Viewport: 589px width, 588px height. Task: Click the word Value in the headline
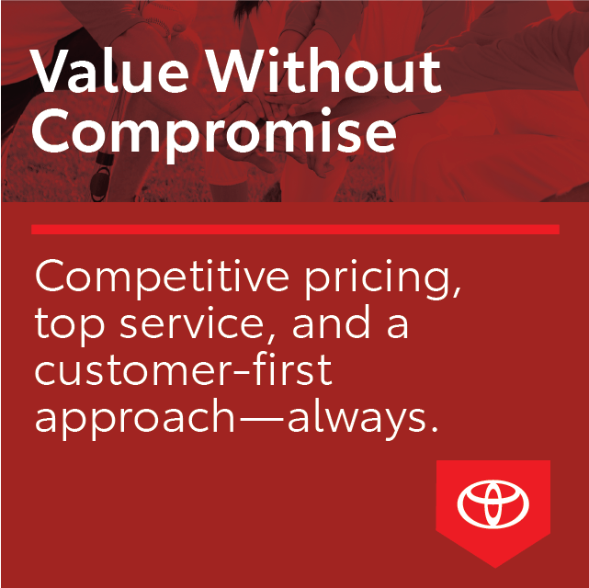click(x=109, y=71)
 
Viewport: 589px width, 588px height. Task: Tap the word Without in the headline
click(x=324, y=71)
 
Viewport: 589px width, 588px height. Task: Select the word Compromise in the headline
click(x=214, y=131)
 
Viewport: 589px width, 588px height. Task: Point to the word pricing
click(x=383, y=279)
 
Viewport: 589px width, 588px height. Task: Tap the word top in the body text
click(x=70, y=326)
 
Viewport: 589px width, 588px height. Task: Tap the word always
click(x=357, y=418)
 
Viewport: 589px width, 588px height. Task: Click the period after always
click(x=435, y=428)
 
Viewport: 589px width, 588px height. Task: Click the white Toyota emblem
click(x=493, y=503)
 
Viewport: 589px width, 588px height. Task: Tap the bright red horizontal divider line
click(x=295, y=230)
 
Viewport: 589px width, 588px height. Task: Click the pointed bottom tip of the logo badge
click(x=495, y=568)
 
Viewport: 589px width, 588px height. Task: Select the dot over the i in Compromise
click(x=325, y=111)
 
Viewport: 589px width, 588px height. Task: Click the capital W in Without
click(x=240, y=71)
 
